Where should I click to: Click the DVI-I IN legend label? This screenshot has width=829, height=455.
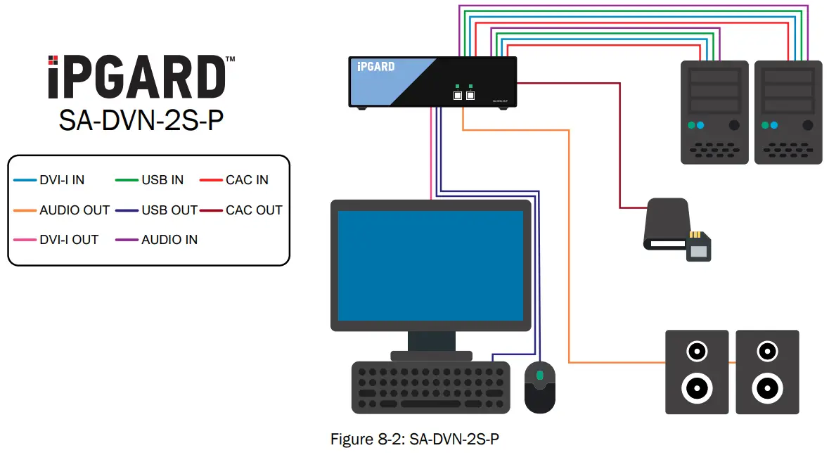[62, 180]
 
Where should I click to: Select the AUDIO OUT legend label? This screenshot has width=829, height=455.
[75, 210]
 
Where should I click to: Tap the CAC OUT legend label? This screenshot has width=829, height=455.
[254, 210]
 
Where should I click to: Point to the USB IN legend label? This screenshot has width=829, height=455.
[162, 180]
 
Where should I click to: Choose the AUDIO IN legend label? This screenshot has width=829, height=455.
[169, 240]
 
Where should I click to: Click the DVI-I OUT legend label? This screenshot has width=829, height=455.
[69, 240]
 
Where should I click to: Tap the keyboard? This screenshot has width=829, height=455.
[430, 387]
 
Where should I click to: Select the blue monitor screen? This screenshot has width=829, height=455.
[430, 265]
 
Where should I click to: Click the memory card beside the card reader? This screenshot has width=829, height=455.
[698, 245]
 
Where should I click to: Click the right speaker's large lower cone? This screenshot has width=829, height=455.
[766, 387]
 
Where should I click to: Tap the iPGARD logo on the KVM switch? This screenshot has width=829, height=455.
[375, 67]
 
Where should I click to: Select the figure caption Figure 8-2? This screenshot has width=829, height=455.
[415, 440]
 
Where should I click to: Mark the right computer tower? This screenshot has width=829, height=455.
[788, 113]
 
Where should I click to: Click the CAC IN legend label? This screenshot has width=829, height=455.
[247, 180]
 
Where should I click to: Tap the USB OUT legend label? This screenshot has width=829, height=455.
[169, 210]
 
